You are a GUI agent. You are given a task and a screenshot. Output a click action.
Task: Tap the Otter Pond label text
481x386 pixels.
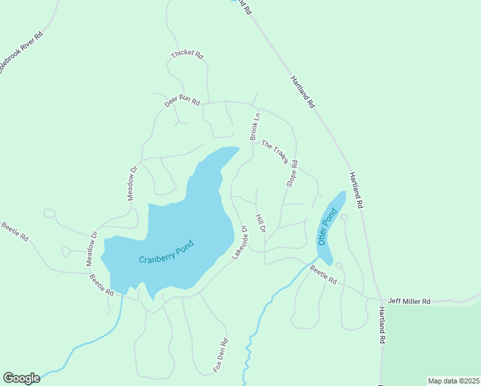click(x=327, y=226)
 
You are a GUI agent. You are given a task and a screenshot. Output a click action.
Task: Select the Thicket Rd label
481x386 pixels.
click(x=187, y=55)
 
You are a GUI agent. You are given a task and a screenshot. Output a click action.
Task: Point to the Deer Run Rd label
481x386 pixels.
click(x=182, y=102)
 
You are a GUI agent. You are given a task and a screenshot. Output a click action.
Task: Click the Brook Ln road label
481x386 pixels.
click(x=256, y=127)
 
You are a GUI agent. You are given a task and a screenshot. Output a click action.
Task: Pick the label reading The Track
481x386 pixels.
click(x=275, y=152)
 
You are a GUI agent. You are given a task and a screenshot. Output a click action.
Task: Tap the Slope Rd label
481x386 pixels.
click(x=291, y=174)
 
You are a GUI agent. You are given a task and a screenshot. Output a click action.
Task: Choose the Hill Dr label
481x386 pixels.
click(x=260, y=224)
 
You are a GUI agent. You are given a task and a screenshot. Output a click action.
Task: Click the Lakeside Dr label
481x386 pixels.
click(x=240, y=243)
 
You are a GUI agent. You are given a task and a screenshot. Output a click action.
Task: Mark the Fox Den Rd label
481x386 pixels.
click(x=221, y=356)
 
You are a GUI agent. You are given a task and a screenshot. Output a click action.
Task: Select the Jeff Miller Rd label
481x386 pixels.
click(x=408, y=300)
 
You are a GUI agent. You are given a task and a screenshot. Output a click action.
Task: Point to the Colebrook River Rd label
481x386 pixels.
click(x=21, y=52)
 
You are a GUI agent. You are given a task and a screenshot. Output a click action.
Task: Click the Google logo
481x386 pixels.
click(x=21, y=378)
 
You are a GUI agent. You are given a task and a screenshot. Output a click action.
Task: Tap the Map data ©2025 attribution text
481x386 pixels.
click(x=453, y=381)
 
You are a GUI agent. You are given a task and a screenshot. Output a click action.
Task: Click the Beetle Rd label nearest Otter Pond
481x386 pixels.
click(x=323, y=275)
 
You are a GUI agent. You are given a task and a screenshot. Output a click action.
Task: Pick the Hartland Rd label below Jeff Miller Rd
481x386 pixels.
click(x=381, y=324)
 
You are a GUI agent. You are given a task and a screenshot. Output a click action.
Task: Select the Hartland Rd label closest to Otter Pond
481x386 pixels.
click(x=356, y=189)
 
